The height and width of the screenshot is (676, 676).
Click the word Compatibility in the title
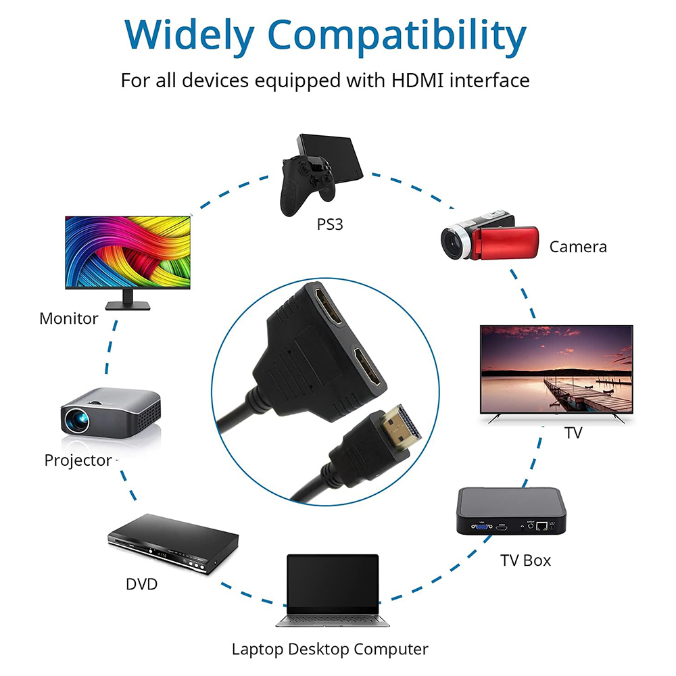[x=397, y=37]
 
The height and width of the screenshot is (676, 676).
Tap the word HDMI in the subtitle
[x=417, y=80]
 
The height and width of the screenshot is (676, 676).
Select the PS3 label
[x=330, y=224]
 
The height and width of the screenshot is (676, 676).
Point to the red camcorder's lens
[x=453, y=243]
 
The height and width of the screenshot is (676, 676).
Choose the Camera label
[x=578, y=247]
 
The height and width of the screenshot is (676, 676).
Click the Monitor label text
[x=68, y=318]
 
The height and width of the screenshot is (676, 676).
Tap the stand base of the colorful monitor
[x=128, y=306]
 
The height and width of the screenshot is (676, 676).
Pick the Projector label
[x=78, y=460]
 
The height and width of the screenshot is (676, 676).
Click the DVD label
[x=141, y=584]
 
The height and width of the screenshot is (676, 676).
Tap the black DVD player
[x=173, y=543]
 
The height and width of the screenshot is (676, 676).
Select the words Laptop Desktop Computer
[x=330, y=649]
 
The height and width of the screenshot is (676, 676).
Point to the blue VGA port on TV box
[x=482, y=527]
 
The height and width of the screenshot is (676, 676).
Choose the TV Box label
[x=525, y=560]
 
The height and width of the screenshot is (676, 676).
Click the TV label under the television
[x=573, y=433]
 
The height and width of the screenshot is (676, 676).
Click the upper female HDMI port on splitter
[x=328, y=307]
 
